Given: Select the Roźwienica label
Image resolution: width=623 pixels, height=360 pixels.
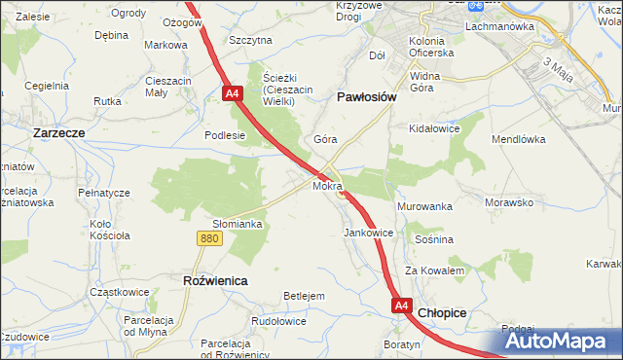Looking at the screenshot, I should click(x=215, y=279).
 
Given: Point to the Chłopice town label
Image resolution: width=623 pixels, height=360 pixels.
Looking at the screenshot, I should click(x=442, y=312).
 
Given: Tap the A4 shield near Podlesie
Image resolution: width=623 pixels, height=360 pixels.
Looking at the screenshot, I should click(x=232, y=94).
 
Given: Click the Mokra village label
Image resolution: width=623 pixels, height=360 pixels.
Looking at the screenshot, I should click(x=328, y=184).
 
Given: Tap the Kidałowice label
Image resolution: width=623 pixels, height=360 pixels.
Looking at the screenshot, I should click(x=435, y=128).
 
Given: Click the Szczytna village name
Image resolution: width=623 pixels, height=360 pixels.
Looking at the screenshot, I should click(x=250, y=40).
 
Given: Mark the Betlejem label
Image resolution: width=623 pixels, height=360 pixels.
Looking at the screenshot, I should click(x=303, y=296).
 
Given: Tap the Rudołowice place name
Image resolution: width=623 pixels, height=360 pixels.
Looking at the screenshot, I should click(x=278, y=320).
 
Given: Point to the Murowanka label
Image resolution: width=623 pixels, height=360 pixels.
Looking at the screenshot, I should click(x=425, y=207).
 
